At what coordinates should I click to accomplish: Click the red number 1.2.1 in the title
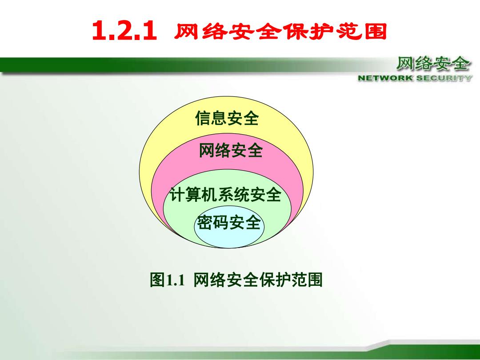tap(124, 31)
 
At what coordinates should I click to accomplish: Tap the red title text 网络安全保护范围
tap(280, 31)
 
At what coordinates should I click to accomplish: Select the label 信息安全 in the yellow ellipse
tap(227, 118)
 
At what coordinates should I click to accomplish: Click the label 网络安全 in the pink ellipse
tap(231, 151)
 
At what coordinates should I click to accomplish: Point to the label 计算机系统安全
tap(226, 194)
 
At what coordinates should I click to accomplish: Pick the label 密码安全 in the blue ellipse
tap(228, 222)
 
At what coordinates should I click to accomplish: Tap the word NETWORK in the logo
tap(385, 78)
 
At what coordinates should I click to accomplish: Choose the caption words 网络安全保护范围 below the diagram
tap(258, 280)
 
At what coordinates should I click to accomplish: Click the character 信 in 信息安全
tap(203, 118)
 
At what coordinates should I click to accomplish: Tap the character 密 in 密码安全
tap(204, 222)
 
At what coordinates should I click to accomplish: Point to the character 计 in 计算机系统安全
tap(177, 194)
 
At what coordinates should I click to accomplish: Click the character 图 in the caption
tap(157, 280)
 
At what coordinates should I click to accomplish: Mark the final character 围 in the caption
tap(315, 280)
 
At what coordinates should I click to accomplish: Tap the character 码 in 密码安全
tap(220, 222)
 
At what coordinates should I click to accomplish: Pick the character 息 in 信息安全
tap(219, 118)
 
